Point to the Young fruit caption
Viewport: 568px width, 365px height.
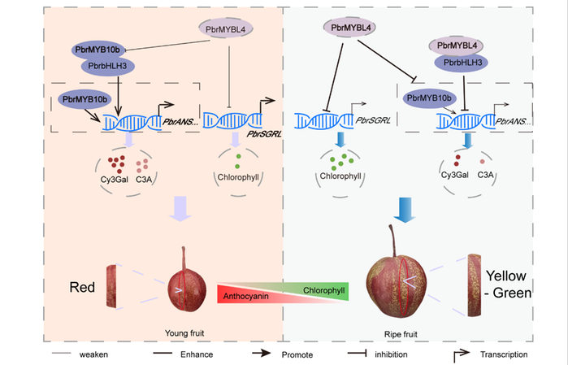pos(184,332)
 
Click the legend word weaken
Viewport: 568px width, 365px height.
pos(94,354)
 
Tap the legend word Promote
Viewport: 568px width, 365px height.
pos(302,354)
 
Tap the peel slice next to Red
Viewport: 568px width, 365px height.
pos(114,287)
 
